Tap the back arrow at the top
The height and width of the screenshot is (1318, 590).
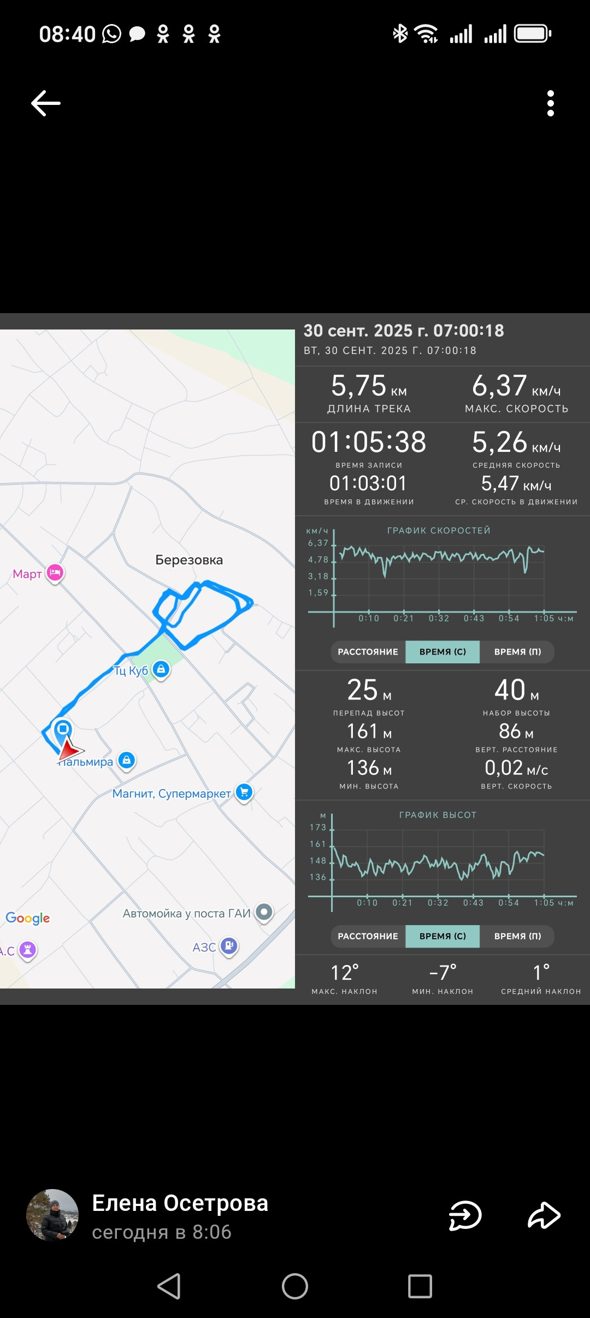46,103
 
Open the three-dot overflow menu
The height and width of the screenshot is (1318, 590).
551,103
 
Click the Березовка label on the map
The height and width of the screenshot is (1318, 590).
189,560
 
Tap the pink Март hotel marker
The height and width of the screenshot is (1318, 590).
55,573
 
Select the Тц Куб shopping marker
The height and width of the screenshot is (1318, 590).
161,669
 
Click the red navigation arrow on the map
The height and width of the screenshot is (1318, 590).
70,750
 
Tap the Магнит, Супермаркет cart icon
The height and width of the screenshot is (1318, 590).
244,792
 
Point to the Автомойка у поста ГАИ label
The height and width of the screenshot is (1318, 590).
186,913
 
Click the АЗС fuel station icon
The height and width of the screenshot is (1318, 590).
229,946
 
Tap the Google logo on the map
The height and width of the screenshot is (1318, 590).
28,918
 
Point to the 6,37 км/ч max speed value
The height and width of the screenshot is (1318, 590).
516,386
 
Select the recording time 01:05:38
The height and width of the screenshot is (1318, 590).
369,442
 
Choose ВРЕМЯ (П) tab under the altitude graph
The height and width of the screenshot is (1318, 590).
517,936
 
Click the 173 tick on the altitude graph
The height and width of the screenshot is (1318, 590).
318,827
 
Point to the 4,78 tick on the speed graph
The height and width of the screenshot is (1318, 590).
318,560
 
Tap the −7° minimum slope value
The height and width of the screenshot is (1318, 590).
442,973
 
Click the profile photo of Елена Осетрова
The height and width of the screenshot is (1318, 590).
52,1215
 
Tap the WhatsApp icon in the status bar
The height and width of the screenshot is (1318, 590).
111,34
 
